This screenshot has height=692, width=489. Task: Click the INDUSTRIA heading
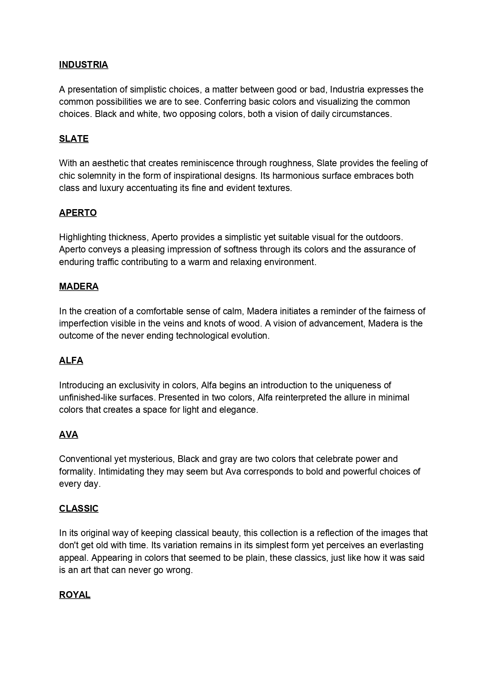pos(83,65)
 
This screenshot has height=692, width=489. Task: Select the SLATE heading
pos(74,139)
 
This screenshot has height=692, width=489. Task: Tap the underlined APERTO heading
pos(78,213)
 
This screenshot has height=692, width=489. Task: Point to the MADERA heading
pos(79,287)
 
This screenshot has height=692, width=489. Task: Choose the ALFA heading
pos(71,361)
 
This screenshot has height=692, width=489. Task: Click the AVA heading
pos(69,435)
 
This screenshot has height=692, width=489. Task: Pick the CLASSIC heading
pos(79,509)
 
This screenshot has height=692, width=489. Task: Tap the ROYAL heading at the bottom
pos(75,595)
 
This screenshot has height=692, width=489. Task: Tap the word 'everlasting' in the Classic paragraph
pos(401,545)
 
